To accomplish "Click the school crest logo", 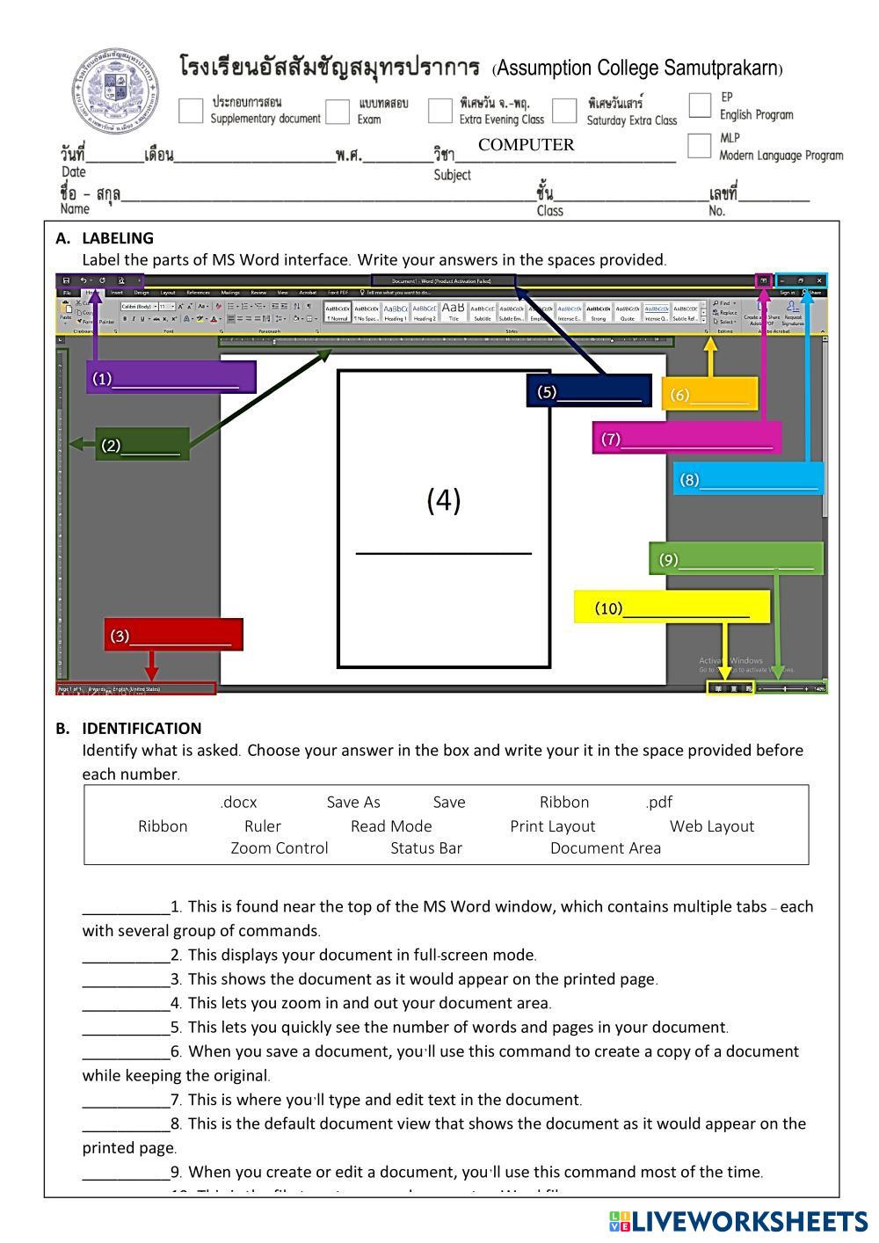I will click(114, 91).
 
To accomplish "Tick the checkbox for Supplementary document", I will click(191, 111).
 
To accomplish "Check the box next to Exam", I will click(338, 112).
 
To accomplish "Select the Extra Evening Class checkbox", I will click(439, 111).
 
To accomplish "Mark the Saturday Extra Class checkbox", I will click(564, 111).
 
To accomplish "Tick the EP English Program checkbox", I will click(700, 105).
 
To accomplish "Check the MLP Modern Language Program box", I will click(700, 146).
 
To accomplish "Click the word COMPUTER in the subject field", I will click(526, 145).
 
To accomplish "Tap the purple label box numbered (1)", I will click(171, 377).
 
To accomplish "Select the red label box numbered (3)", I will click(173, 635).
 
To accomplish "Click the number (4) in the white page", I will click(444, 500).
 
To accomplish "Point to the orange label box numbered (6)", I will click(709, 394).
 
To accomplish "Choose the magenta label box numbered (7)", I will click(686, 438).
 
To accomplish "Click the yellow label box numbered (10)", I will click(672, 607).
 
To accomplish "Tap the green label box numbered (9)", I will click(737, 559).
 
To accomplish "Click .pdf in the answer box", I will click(658, 802).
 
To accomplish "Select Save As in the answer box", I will click(353, 802).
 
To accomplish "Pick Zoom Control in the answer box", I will click(280, 848).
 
